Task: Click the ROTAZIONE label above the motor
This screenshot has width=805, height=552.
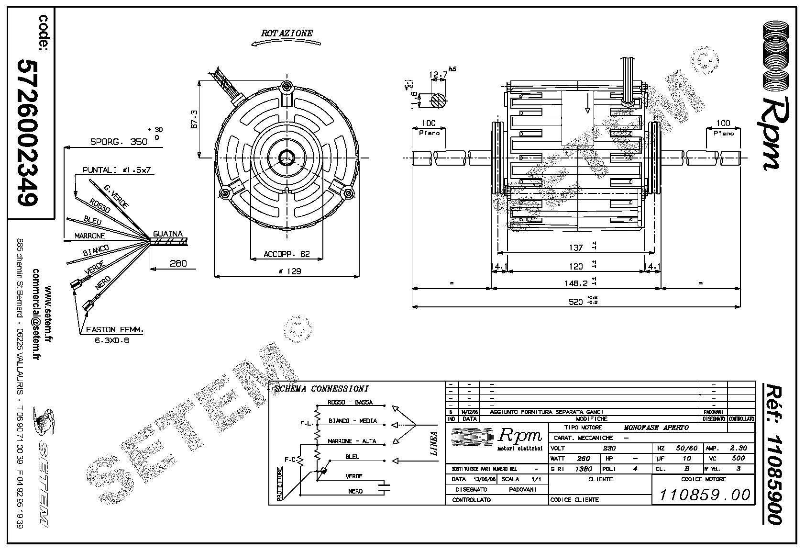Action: click(x=287, y=33)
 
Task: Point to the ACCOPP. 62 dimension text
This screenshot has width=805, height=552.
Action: click(x=287, y=254)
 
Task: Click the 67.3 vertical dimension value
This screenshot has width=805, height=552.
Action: click(x=194, y=119)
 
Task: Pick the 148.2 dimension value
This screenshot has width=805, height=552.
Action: click(x=575, y=283)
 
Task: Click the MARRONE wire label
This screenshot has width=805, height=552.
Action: click(x=89, y=236)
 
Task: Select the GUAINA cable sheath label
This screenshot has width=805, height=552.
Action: click(x=167, y=234)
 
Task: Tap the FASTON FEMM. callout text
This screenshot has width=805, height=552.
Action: click(x=115, y=330)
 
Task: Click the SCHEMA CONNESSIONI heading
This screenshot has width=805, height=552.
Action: click(x=321, y=389)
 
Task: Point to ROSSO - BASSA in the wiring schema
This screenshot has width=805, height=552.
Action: click(x=350, y=402)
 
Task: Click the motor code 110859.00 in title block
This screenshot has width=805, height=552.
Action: click(x=705, y=494)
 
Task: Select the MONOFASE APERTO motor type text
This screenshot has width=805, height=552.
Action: click(x=656, y=428)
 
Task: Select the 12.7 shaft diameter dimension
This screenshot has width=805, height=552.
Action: click(x=438, y=75)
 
